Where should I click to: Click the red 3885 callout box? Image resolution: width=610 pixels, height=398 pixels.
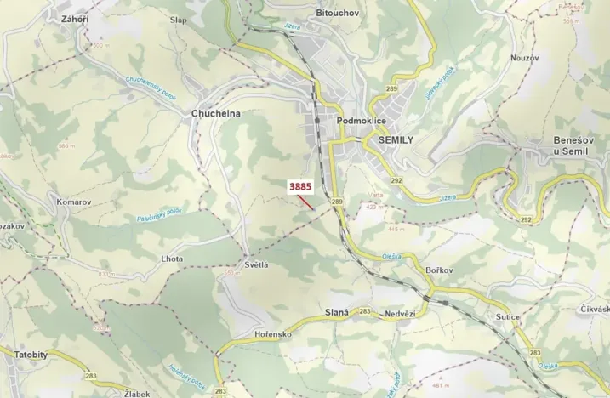click(301, 185)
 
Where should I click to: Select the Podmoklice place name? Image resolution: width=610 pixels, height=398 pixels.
click(362, 121)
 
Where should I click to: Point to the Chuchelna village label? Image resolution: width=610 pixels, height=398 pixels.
click(216, 113)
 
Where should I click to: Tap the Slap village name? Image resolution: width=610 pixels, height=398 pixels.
click(179, 19)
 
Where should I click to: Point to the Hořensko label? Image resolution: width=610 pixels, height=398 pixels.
click(273, 334)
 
